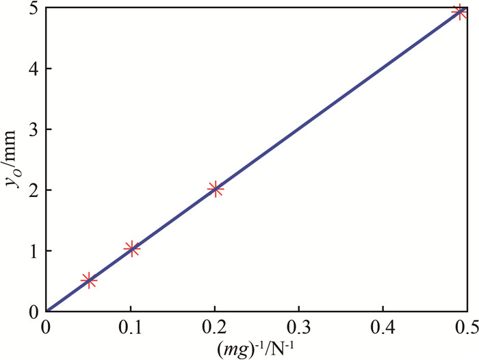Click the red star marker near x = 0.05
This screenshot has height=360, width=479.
(x=88, y=280)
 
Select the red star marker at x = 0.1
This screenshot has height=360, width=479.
(x=132, y=249)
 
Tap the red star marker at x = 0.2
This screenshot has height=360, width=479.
(x=216, y=189)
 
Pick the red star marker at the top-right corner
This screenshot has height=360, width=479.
(x=460, y=12)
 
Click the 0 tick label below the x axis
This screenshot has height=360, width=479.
(x=46, y=324)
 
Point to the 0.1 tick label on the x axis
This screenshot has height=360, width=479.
(x=130, y=324)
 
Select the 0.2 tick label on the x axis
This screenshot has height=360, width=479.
(x=214, y=324)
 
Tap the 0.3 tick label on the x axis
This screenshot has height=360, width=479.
(x=298, y=324)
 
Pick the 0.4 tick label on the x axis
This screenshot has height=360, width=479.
(x=383, y=324)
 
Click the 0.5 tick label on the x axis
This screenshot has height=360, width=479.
(x=465, y=324)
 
